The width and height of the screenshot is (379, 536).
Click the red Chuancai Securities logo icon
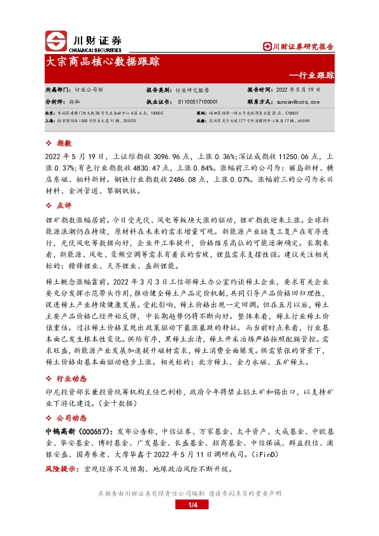(x=55, y=41)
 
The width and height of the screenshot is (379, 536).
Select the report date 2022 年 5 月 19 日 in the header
(x=303, y=90)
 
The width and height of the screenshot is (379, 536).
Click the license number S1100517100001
(x=197, y=101)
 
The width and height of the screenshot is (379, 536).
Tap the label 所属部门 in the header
(x=58, y=90)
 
